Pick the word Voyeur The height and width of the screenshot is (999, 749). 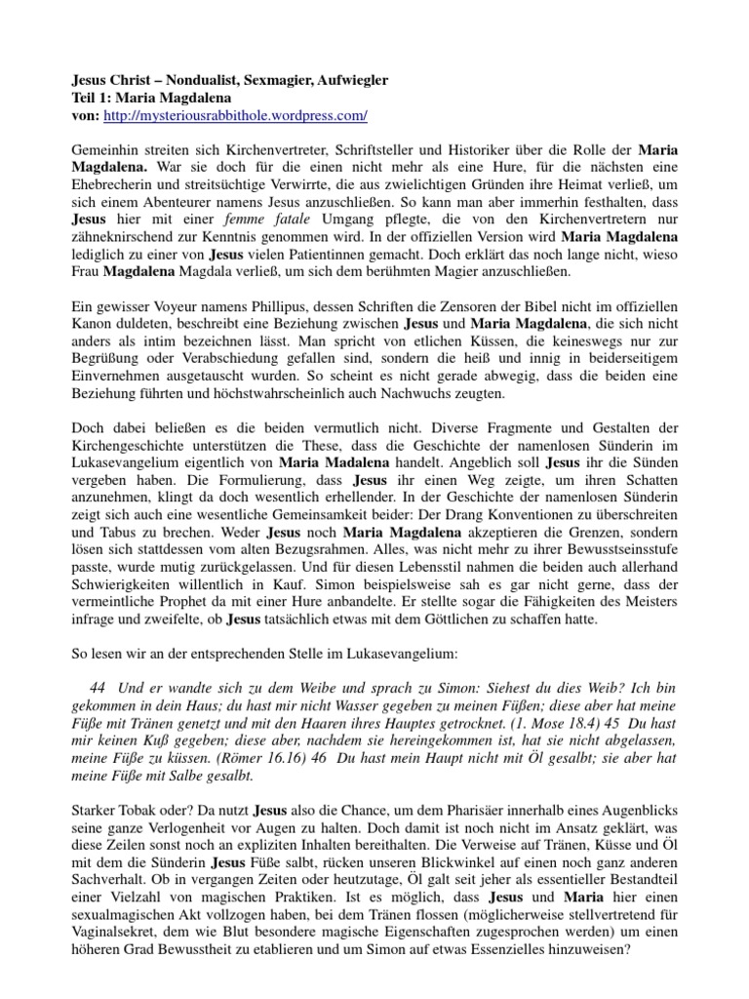pos(180,310)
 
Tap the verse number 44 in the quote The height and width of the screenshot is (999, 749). pos(97,688)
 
